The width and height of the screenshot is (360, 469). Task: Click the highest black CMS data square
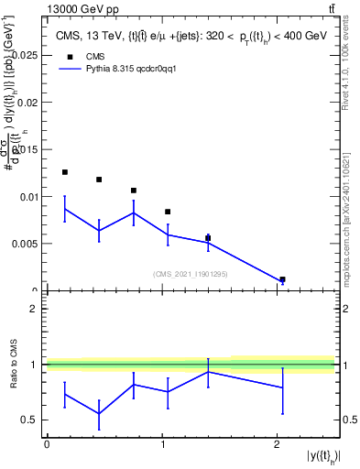64,172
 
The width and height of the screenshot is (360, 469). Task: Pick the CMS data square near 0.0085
168,212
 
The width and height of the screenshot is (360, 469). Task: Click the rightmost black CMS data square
282,279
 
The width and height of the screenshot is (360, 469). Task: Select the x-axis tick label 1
161,444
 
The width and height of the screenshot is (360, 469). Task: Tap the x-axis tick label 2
277,444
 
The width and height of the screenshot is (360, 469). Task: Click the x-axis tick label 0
47,444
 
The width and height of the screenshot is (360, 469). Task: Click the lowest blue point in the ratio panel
99,413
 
